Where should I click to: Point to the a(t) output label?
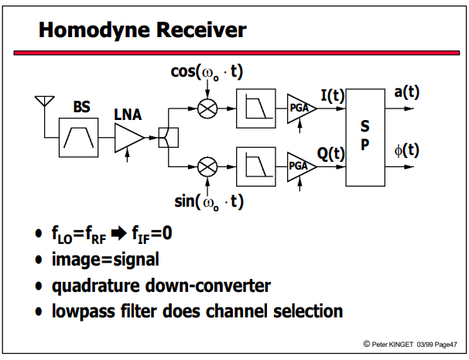pos(407,92)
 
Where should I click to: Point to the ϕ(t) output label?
pos(407,150)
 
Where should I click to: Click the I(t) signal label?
pos(333,96)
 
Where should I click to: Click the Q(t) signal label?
pos(330,154)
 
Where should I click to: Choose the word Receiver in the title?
pos(201,30)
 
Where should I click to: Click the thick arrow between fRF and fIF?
pos(118,234)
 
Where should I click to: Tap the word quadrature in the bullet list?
pos(96,286)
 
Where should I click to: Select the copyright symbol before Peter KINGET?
pos(366,345)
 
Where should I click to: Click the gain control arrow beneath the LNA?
pos(128,156)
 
